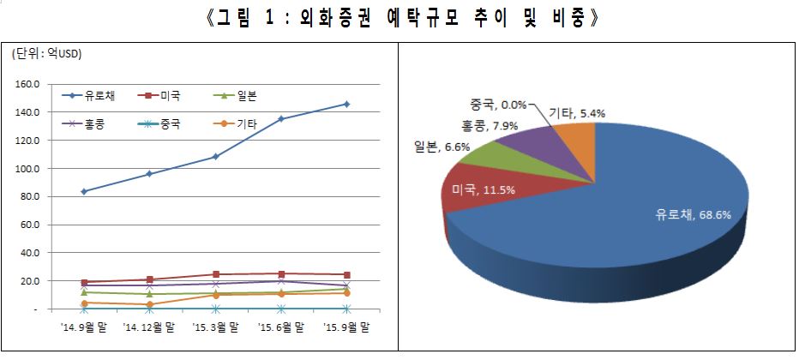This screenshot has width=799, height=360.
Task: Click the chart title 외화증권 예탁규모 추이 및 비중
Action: click(399, 18)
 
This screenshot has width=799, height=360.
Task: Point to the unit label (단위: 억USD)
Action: click(46, 55)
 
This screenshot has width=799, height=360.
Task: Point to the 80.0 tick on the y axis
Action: click(30, 196)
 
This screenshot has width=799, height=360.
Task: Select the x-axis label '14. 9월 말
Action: click(84, 327)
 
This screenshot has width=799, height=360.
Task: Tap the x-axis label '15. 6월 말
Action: click(280, 327)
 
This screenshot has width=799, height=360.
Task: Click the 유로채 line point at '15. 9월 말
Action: click(346, 104)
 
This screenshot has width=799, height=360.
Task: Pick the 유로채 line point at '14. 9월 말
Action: click(84, 191)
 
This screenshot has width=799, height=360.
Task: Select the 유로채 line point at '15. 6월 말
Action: click(280, 119)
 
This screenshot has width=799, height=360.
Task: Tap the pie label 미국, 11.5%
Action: click(483, 188)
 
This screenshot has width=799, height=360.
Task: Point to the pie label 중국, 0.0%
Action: click(497, 105)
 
